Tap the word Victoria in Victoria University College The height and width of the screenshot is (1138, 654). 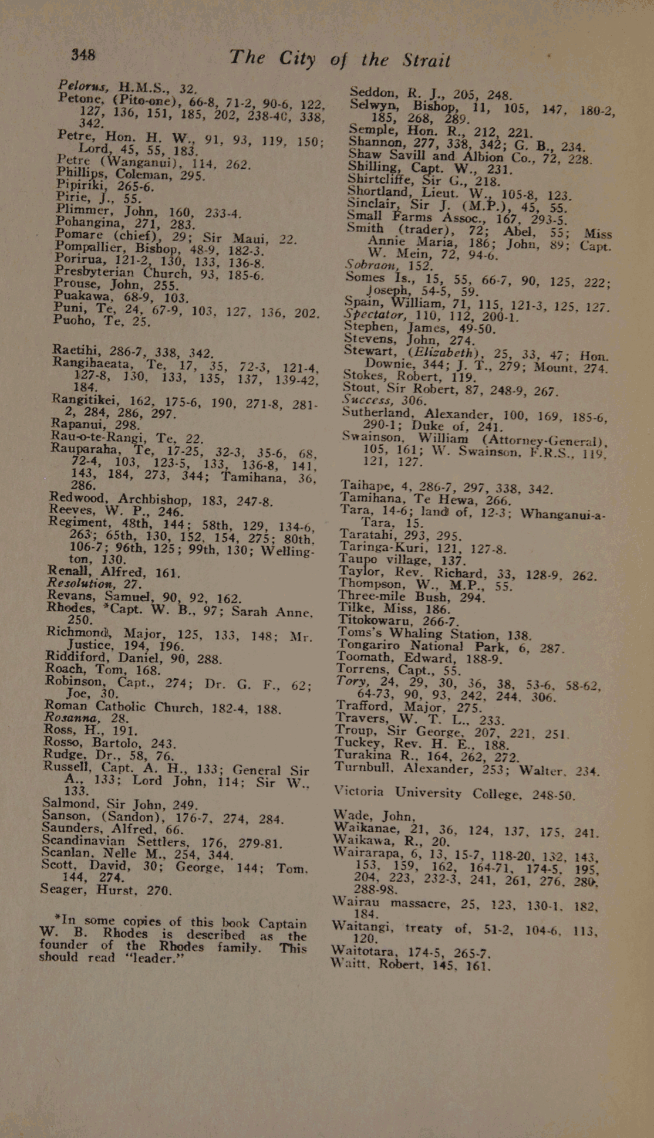pos(359,791)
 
